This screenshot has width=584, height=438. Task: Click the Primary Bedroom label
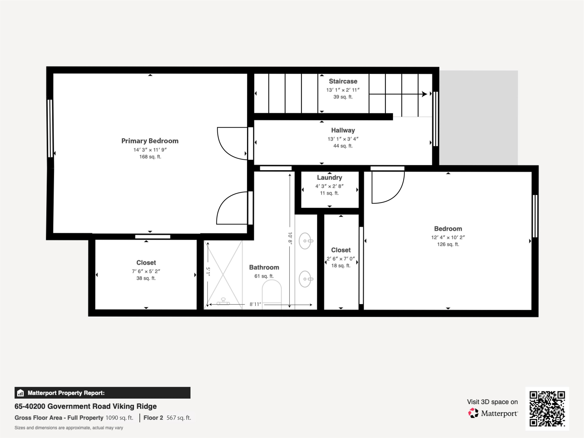point(150,141)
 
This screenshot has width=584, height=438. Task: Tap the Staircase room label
point(343,81)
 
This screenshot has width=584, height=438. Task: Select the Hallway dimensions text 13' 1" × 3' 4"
point(343,139)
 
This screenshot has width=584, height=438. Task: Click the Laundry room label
point(330,178)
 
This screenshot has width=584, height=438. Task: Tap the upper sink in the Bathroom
point(305,241)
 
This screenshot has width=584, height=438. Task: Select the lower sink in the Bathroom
point(305,279)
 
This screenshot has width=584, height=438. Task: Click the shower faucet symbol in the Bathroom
point(223,302)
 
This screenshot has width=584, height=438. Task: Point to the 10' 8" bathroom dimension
point(290,238)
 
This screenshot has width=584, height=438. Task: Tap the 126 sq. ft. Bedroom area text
point(448,245)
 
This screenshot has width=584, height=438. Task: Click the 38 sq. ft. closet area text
point(146,278)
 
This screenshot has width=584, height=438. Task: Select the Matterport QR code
point(547,409)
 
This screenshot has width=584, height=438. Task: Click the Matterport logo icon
point(473,413)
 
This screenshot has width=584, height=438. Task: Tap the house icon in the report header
point(20,393)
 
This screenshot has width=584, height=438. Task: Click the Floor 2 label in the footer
point(153,418)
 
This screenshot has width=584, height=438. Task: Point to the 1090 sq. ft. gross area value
point(119,418)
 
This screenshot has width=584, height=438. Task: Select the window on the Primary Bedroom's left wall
point(50,128)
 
